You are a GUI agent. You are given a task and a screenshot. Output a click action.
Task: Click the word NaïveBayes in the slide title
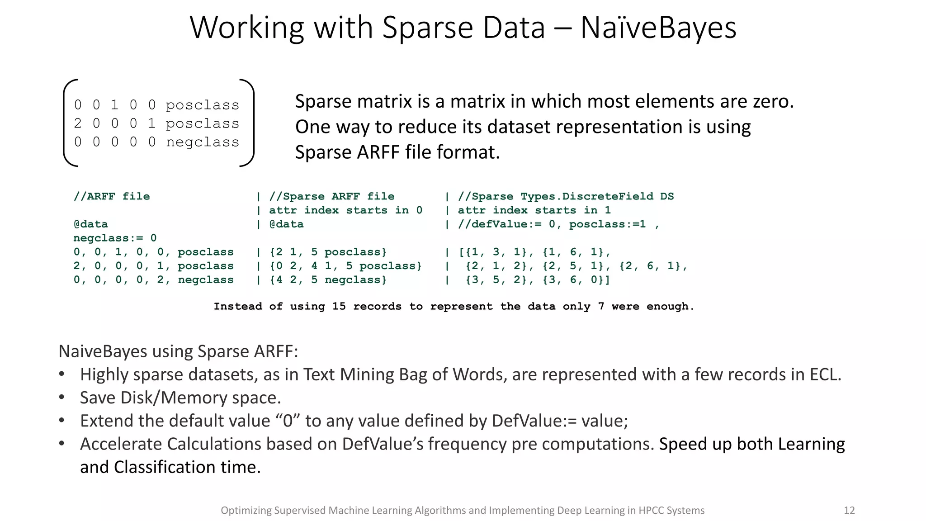(x=658, y=28)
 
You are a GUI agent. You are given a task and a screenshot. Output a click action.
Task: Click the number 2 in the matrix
(x=78, y=123)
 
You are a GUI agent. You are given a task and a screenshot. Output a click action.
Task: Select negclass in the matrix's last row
(x=203, y=142)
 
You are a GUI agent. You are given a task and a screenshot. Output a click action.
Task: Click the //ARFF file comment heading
(x=112, y=196)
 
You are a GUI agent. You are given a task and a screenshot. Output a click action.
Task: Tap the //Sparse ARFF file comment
(x=331, y=196)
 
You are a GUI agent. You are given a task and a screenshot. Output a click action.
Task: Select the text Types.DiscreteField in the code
(x=587, y=196)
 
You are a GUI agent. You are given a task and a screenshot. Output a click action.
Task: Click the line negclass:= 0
(x=115, y=238)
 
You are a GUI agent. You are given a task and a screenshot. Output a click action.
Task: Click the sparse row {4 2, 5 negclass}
(x=328, y=280)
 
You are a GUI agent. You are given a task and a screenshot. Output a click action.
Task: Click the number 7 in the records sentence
(x=601, y=307)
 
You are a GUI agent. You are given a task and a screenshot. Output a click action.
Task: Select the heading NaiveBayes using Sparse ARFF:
(x=178, y=351)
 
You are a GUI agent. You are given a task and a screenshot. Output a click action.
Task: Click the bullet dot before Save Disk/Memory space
(x=62, y=398)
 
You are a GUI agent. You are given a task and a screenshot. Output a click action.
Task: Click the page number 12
(x=849, y=511)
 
